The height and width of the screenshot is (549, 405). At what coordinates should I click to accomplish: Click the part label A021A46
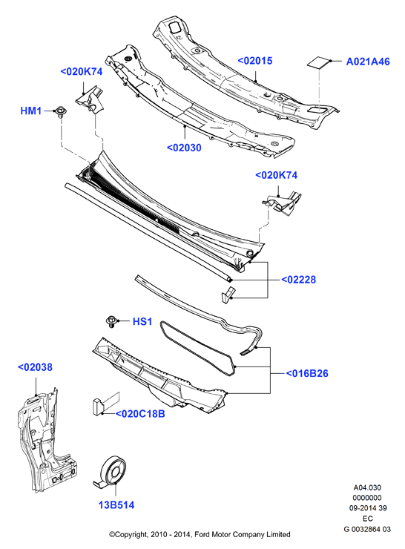click(x=368, y=62)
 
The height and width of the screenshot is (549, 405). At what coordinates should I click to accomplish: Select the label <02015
click(x=255, y=61)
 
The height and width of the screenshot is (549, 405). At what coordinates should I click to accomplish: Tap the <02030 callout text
click(x=184, y=148)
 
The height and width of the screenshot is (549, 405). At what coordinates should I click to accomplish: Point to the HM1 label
click(x=31, y=111)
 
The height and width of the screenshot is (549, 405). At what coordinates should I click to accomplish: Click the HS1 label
click(x=142, y=321)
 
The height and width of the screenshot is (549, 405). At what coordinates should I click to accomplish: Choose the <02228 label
click(x=299, y=280)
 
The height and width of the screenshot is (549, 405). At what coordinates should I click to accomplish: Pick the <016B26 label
click(x=307, y=374)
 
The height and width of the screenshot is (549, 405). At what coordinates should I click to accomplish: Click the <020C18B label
click(x=140, y=414)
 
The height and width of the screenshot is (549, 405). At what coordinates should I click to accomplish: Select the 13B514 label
click(x=116, y=505)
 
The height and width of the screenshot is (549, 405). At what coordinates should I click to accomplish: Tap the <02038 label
click(x=35, y=367)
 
